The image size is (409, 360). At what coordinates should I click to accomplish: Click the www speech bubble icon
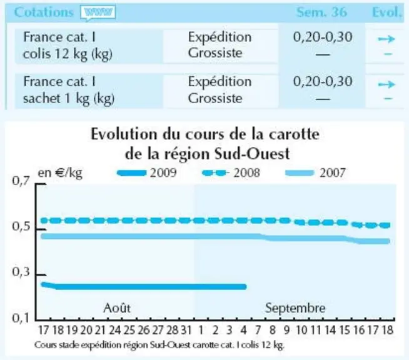pos(98,12)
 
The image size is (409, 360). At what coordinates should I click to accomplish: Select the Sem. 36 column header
pos(321,12)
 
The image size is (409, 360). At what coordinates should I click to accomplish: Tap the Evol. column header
pos(386,12)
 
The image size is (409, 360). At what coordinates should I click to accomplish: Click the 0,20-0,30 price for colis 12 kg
pos(323,37)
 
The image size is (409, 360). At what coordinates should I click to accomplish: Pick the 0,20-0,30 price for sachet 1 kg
pos(323,81)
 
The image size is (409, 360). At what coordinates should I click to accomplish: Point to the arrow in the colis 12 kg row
pos(386,39)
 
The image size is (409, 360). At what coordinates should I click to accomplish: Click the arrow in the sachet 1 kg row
pos(386,84)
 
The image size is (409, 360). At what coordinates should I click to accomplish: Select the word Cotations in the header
pos(44,12)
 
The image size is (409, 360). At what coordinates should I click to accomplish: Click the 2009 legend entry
pos(147,173)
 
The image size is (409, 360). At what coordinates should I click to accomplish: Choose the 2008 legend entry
pos(231,173)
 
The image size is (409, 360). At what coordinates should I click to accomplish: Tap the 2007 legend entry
pos(316,173)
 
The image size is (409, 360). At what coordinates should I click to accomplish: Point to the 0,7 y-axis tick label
pos(21,181)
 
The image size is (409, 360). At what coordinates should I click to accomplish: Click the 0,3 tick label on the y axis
pos(21,272)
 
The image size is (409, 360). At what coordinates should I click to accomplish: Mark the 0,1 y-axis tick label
pos(21,317)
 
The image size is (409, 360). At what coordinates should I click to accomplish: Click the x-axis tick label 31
pos(186,330)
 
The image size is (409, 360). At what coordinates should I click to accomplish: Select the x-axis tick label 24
pos(115,330)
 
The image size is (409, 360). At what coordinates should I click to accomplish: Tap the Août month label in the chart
pos(117,308)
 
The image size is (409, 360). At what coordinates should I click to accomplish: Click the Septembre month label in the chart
pos(295,308)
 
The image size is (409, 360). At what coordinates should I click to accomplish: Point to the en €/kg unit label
pos(60,173)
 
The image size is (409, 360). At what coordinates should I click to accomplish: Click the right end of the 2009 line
pos(245,287)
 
